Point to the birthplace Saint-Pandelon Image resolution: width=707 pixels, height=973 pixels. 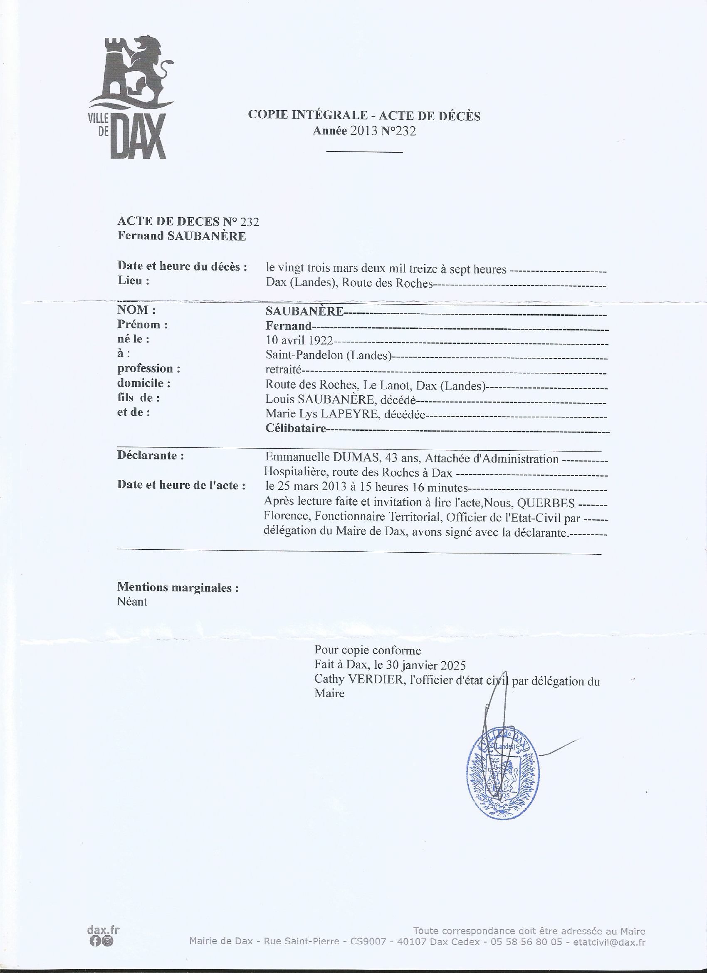(306, 355)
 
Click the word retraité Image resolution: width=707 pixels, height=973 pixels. (284, 370)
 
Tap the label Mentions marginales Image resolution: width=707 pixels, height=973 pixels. (178, 587)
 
